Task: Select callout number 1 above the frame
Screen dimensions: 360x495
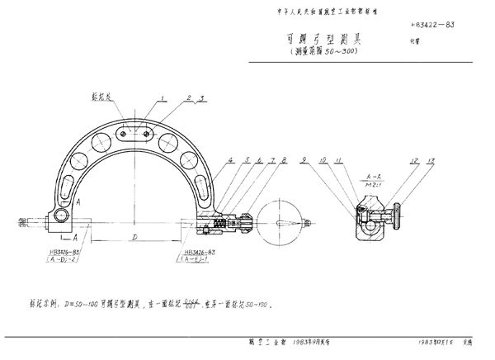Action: click(x=164, y=97)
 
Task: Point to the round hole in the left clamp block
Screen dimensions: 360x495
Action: click(x=60, y=216)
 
